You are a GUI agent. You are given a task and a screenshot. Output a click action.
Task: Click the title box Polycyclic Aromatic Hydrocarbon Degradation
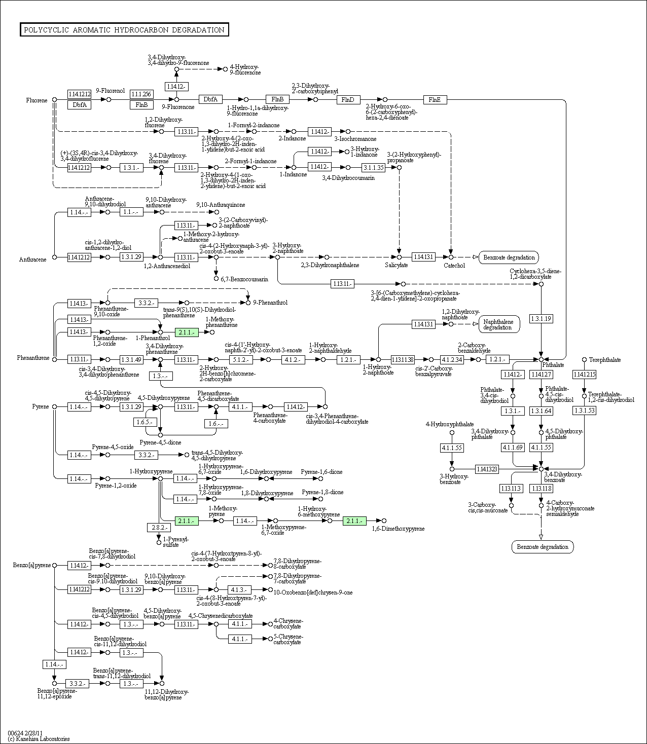coord(124,30)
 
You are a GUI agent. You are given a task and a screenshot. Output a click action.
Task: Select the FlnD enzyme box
coord(348,100)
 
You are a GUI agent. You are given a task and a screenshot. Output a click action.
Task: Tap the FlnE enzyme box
coord(435,100)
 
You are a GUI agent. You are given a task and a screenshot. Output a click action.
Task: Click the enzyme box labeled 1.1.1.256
coord(141,94)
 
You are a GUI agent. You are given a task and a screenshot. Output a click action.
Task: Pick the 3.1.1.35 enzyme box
coord(373,167)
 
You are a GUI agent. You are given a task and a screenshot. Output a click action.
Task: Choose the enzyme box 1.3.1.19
coord(541,319)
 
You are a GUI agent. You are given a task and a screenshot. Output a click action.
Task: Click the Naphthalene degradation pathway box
coord(497,324)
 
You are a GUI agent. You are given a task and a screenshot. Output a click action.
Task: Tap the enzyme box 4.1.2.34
coord(451,359)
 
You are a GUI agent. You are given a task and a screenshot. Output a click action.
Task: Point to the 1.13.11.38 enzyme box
coord(403,359)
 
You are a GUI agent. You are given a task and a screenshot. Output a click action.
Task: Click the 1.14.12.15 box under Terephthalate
coord(584,375)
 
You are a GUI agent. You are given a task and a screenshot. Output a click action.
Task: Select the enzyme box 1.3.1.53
coord(584,411)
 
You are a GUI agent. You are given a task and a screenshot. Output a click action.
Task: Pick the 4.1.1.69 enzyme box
coord(512,448)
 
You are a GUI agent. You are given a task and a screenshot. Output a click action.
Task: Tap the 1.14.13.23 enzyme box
coord(487,469)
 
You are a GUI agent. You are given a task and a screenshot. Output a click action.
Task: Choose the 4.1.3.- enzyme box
coord(239,590)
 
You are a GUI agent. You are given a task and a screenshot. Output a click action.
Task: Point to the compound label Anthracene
coord(33,259)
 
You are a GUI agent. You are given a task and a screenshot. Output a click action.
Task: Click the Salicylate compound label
coord(396,265)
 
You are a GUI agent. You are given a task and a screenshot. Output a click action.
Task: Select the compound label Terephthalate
coord(604,360)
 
